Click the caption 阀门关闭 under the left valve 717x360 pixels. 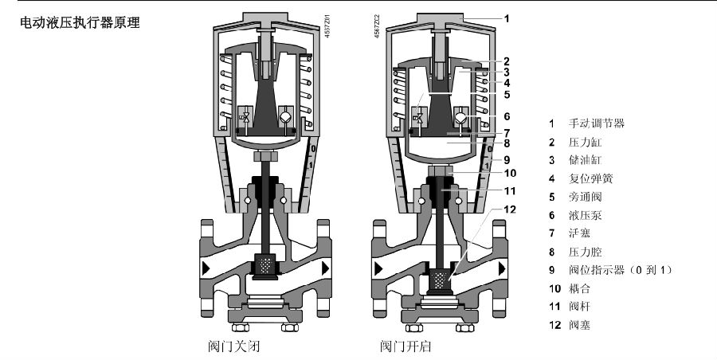[231, 347]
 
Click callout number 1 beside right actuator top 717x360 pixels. [507, 16]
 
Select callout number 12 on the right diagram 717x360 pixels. [508, 209]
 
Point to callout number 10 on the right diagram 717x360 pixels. [510, 173]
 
